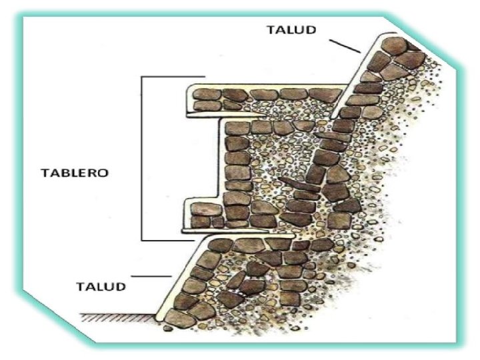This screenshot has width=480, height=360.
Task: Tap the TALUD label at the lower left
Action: click(x=100, y=287)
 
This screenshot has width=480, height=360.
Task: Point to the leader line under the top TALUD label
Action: click(x=345, y=46)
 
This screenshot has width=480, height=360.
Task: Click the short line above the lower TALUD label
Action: click(x=151, y=275)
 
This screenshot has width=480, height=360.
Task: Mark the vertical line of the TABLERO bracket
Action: click(x=142, y=158)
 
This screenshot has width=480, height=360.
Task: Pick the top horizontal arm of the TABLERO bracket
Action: click(x=173, y=77)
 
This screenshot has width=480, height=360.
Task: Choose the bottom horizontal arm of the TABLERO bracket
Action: click(x=173, y=239)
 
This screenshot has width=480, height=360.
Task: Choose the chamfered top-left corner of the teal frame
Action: click(x=27, y=18)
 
